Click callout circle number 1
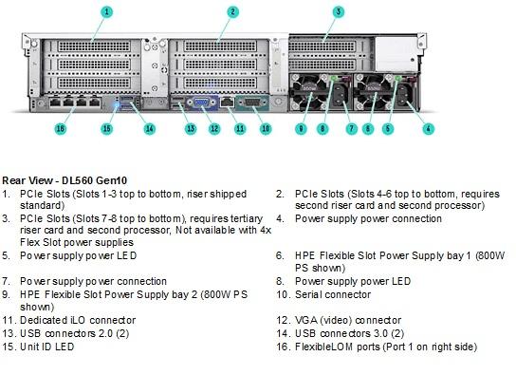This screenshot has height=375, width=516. (106, 12)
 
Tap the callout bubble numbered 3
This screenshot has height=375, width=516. (339, 12)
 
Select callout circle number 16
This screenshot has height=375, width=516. (60, 128)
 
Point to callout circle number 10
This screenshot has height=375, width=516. (266, 128)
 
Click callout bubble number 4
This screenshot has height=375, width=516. (428, 128)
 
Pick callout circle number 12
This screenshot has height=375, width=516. (214, 128)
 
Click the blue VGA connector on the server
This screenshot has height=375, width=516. (201, 103)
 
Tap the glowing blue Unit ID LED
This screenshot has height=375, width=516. (116, 105)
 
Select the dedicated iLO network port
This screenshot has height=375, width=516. (227, 103)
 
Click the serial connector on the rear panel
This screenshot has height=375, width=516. (252, 103)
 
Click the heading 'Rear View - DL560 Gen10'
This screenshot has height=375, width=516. (64, 180)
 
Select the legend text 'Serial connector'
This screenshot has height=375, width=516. (333, 294)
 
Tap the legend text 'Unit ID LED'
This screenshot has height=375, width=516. (47, 347)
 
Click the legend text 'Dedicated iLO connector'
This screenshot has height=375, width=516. (78, 320)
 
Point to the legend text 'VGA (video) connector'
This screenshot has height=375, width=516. (348, 320)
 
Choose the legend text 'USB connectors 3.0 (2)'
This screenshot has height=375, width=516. (349, 333)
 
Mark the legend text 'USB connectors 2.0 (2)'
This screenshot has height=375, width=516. (74, 333)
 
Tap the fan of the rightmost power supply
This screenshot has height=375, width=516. (374, 92)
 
